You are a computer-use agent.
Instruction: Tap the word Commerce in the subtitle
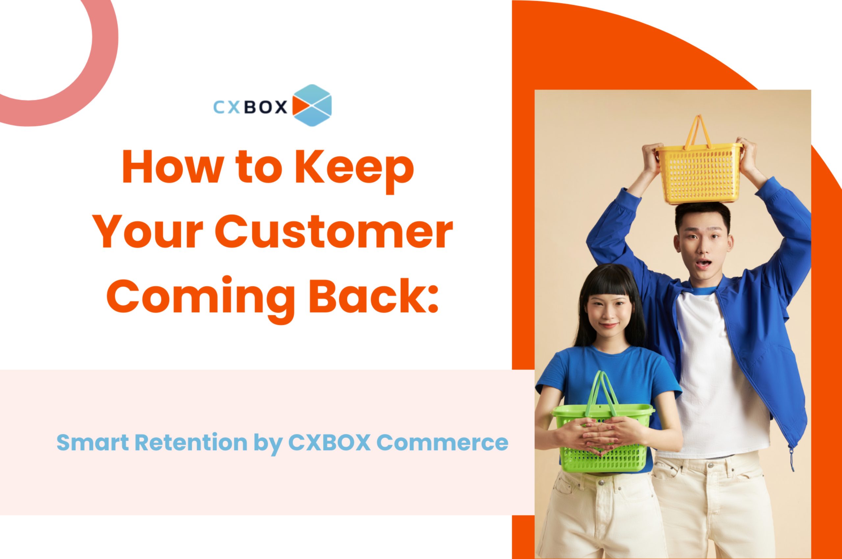click(x=442, y=442)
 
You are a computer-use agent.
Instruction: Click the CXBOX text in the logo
click(x=250, y=106)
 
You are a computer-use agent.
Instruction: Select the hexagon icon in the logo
click(x=312, y=105)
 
